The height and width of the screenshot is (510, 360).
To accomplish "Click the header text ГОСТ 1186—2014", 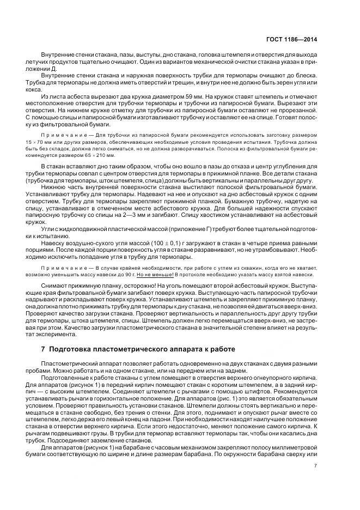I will pos(298,39).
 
